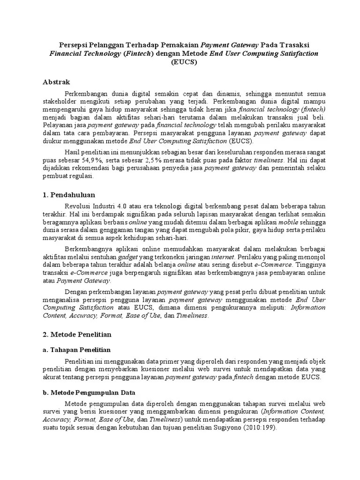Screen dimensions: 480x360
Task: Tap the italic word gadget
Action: [128, 257]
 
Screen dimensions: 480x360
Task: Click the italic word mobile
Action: [288, 223]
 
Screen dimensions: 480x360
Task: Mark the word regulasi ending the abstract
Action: [81, 177]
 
